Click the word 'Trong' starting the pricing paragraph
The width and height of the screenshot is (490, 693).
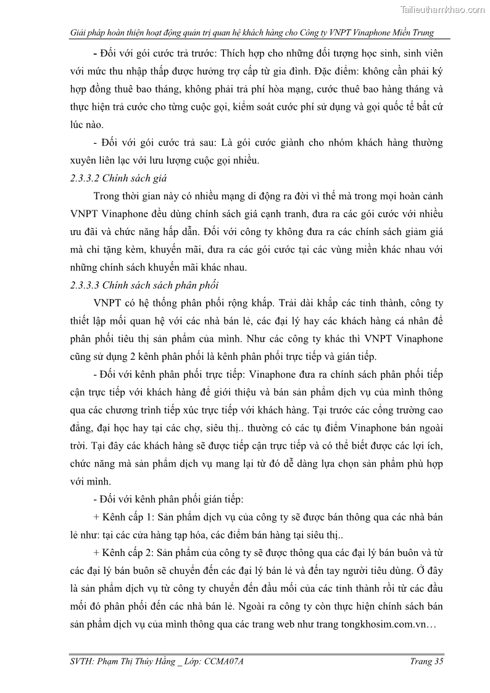pyautogui.click(x=107, y=196)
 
